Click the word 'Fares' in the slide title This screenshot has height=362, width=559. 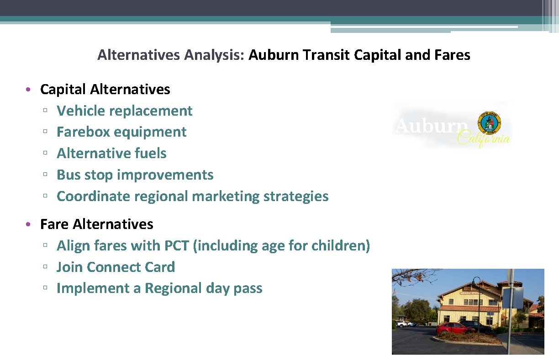click(x=452, y=55)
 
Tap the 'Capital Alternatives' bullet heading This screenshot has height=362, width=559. click(x=105, y=89)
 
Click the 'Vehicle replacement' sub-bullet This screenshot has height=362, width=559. click(x=124, y=111)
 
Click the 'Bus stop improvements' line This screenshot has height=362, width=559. click(x=135, y=175)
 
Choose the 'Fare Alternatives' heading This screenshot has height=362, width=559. click(x=96, y=224)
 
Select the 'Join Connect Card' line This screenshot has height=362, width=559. click(x=116, y=267)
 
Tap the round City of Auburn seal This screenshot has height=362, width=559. click(x=489, y=122)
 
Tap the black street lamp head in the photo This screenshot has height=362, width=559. click(x=476, y=280)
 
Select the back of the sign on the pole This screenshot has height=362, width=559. click(x=513, y=297)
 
